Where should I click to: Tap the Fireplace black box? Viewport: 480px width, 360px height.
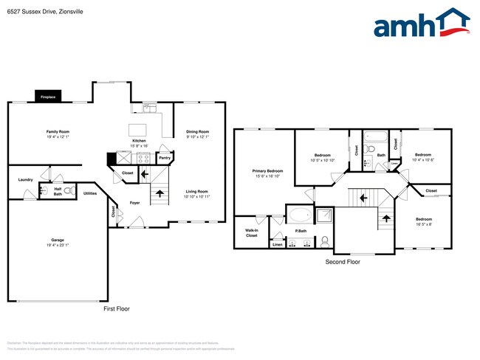coord(48,97)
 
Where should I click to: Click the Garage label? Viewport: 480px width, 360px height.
coord(57,240)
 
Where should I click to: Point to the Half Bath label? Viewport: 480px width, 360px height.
coord(58,191)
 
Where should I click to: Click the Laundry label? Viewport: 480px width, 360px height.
coord(25,179)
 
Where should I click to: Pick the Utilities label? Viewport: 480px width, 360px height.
coord(90,193)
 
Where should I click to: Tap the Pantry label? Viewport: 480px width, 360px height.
coord(165,157)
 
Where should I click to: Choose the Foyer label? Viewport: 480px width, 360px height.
coord(134,202)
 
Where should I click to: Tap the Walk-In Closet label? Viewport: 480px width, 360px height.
coord(251,232)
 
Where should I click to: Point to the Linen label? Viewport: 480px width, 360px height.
coord(277,244)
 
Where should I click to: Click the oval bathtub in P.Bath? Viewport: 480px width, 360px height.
coord(299,215)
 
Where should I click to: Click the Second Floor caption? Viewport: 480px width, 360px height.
coord(343,262)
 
